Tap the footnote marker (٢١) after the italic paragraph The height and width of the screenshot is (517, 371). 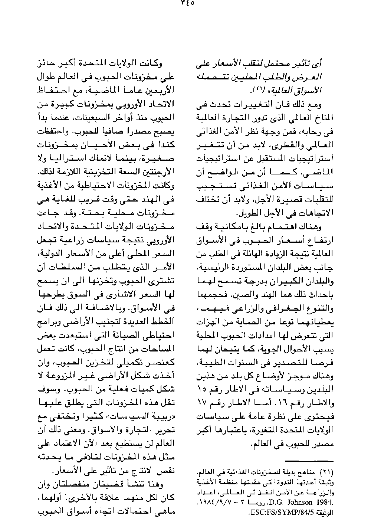tap(259, 90)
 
